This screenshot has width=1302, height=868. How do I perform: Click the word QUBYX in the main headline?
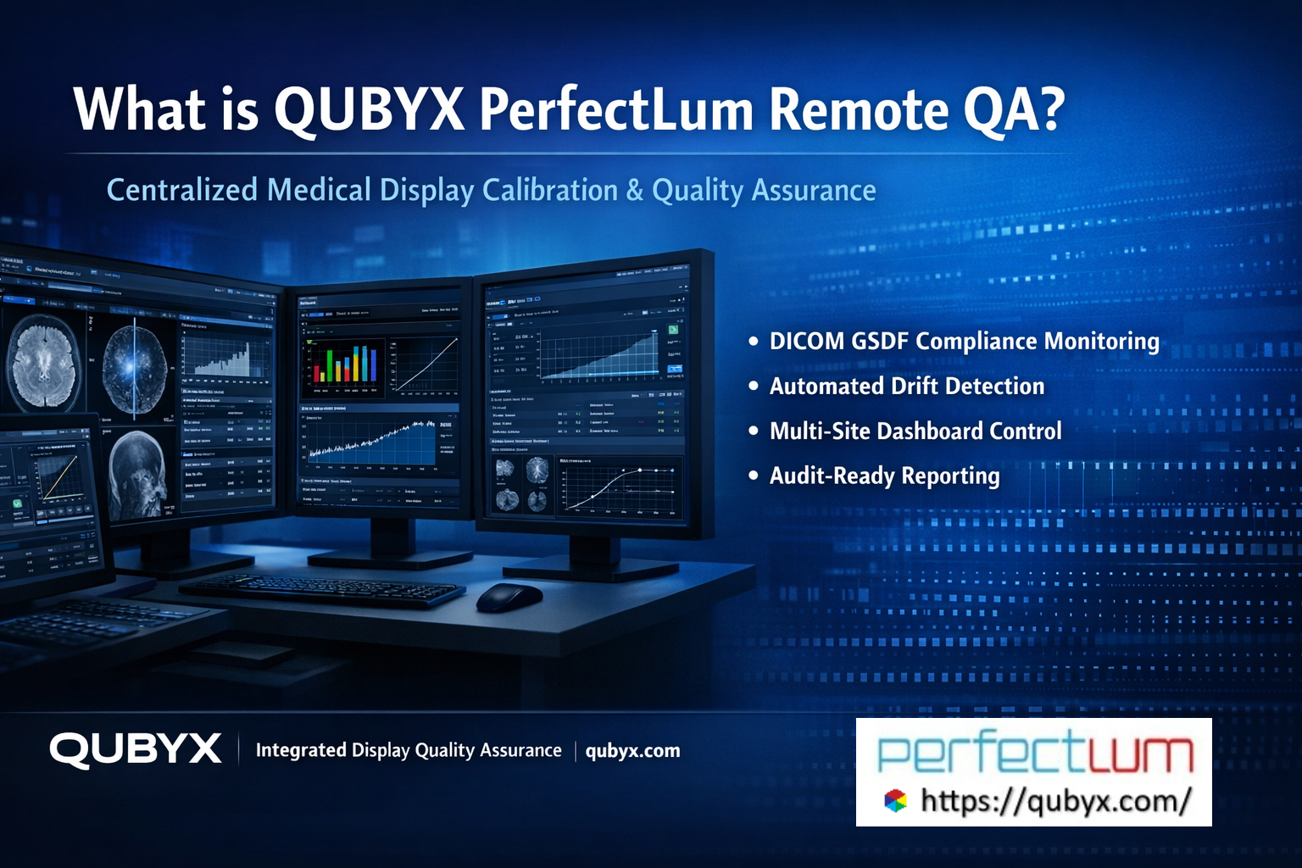pyautogui.click(x=369, y=110)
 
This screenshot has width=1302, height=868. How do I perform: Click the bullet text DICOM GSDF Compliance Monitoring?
pyautogui.click(x=964, y=341)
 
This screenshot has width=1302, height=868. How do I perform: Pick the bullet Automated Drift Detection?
pyautogui.click(x=906, y=386)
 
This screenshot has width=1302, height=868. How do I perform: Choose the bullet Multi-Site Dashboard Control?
pyautogui.click(x=915, y=431)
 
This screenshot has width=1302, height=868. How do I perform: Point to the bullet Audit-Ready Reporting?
pyautogui.click(x=884, y=476)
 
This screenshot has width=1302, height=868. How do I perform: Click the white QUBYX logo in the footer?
pyautogui.click(x=136, y=750)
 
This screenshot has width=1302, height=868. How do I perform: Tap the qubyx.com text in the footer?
pyautogui.click(x=632, y=751)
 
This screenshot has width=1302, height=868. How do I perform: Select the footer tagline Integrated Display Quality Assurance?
pyautogui.click(x=409, y=750)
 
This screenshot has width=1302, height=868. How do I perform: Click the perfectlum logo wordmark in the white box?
pyautogui.click(x=1034, y=753)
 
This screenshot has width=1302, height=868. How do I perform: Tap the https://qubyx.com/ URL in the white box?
pyautogui.click(x=1056, y=800)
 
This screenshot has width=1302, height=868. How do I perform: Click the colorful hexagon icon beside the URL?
pyautogui.click(x=895, y=800)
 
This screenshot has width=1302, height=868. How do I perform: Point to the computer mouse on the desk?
pyautogui.click(x=509, y=597)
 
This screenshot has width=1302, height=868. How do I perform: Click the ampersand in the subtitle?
pyautogui.click(x=635, y=191)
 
